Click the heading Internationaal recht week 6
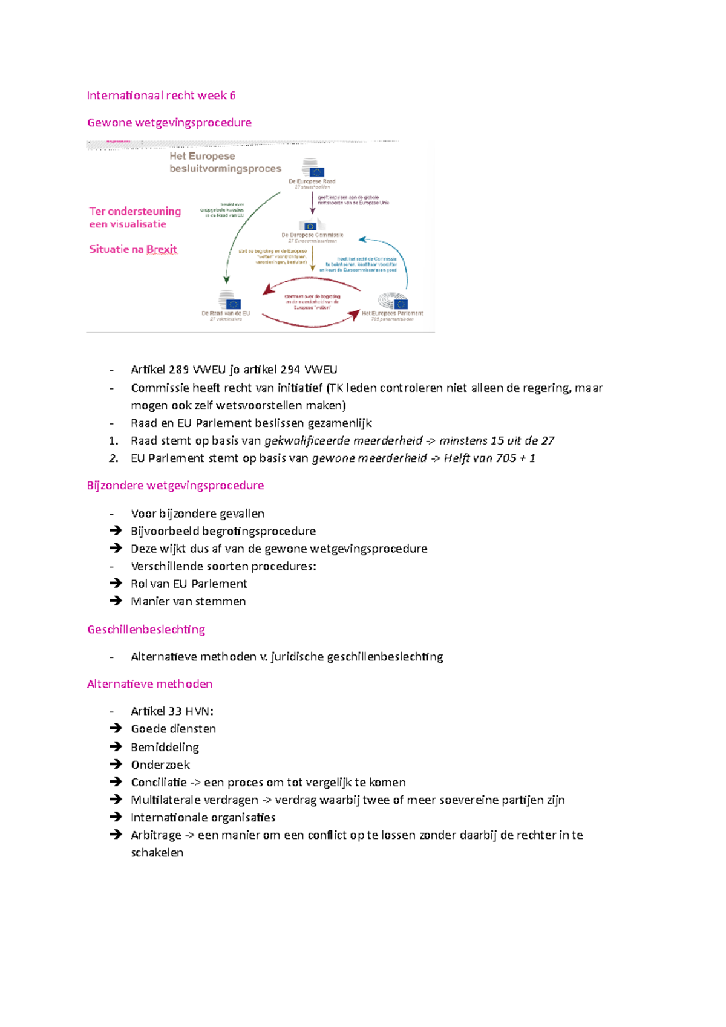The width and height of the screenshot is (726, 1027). (161, 96)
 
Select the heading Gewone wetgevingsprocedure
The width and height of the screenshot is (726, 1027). (169, 123)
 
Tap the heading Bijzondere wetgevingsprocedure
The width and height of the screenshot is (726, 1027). (175, 486)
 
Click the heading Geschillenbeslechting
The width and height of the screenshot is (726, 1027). (146, 630)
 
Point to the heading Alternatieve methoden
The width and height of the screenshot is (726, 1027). (149, 684)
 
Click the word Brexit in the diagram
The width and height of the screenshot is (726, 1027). (162, 249)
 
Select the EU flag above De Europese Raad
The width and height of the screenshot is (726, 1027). (316, 172)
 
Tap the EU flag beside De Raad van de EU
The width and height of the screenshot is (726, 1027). (233, 304)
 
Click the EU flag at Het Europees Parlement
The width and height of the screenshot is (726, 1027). (400, 304)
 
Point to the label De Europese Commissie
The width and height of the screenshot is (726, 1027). (312, 235)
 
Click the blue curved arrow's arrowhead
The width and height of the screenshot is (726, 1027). (362, 240)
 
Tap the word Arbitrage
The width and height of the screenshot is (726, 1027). (156, 835)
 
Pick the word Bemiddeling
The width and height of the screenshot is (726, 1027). (165, 748)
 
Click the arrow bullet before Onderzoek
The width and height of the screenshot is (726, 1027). (116, 765)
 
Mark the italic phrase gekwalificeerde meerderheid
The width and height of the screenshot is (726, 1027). (343, 441)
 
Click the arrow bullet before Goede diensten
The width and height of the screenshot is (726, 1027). (116, 729)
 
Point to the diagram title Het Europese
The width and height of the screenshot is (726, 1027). (202, 156)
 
